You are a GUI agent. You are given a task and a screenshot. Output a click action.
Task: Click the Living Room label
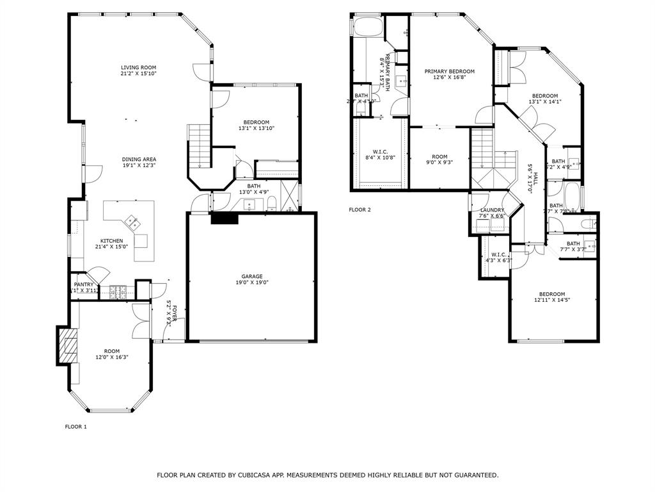tap(138, 67)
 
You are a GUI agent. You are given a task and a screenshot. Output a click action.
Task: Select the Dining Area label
tap(139, 160)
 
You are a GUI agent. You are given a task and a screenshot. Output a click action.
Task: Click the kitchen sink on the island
tap(133, 222)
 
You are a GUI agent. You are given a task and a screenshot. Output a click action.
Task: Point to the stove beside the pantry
tap(118, 291)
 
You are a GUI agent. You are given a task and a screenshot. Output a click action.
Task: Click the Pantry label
tap(83, 284)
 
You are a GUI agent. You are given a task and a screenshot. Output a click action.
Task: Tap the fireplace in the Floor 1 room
tap(66, 345)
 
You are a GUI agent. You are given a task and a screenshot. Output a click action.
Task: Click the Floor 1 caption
tap(75, 427)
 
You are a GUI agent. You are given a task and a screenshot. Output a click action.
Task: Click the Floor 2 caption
tap(359, 209)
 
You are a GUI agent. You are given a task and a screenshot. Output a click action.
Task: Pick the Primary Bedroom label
tap(449, 71)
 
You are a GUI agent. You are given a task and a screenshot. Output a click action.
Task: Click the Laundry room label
tap(492, 210)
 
